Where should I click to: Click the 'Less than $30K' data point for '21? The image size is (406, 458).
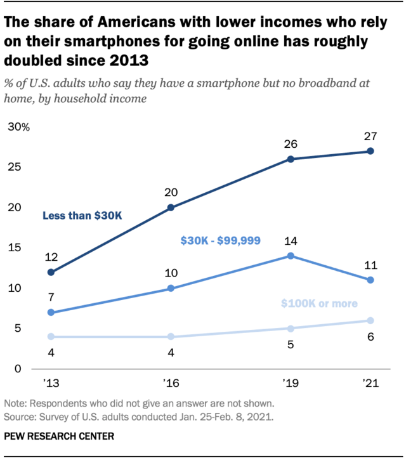click(370, 151)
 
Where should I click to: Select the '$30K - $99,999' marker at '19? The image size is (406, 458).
click(291, 256)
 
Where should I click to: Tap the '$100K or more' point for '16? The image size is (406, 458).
click(171, 336)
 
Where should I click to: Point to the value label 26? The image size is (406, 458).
click(291, 143)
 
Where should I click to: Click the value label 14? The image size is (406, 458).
click(291, 240)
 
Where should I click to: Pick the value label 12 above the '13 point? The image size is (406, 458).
click(51, 257)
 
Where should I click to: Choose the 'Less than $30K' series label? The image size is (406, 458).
click(82, 216)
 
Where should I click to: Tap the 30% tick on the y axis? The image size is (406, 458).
click(18, 127)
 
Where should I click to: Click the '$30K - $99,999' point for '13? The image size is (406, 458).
click(51, 313)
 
